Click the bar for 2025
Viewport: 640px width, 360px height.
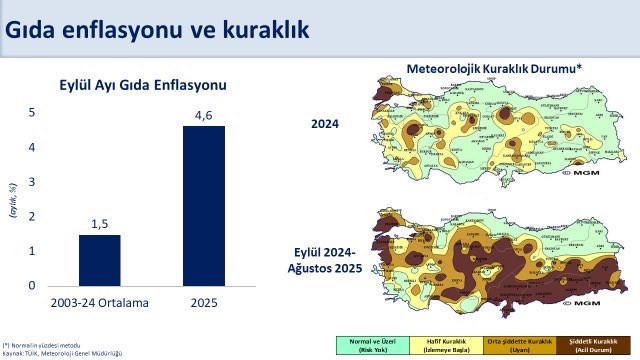click(204, 205)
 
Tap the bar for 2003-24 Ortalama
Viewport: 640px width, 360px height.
click(100, 259)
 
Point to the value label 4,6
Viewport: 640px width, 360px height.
click(204, 116)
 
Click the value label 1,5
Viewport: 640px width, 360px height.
click(100, 224)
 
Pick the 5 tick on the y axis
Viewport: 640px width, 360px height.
click(31, 112)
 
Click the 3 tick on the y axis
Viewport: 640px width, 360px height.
click(31, 181)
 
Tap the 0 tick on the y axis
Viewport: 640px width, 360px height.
click(31, 285)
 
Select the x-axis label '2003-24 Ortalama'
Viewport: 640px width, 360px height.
click(100, 302)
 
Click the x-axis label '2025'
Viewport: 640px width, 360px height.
click(204, 302)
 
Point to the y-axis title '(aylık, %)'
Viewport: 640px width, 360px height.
click(13, 199)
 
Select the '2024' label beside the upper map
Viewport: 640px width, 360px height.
click(325, 124)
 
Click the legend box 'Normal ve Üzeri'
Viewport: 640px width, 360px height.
click(363, 345)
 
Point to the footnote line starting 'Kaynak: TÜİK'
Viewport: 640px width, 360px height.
click(61, 353)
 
